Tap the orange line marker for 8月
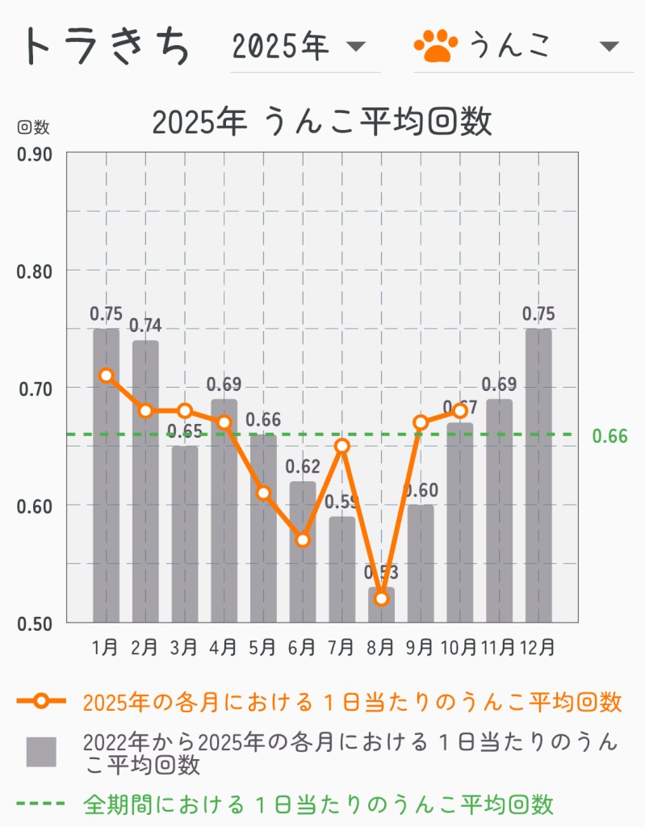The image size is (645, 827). (x=381, y=598)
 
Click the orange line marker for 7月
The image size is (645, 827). (x=341, y=446)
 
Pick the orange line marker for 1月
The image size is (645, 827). (x=106, y=375)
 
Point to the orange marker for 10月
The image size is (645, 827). (x=460, y=410)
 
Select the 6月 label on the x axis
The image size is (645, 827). (x=302, y=647)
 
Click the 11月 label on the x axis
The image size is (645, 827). (x=498, y=647)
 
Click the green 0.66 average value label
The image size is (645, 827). (x=609, y=436)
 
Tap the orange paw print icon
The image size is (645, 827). (x=435, y=46)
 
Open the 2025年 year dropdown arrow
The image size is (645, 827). (x=356, y=46)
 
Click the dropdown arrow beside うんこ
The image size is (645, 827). (x=609, y=46)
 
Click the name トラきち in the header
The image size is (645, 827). (x=108, y=46)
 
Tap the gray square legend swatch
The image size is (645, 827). (x=41, y=751)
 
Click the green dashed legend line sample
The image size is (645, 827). (x=40, y=804)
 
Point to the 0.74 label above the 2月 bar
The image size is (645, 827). (x=145, y=326)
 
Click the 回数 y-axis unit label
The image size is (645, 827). (x=33, y=127)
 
